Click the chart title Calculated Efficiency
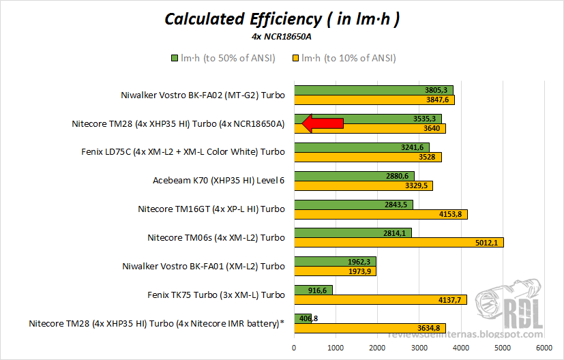[x=282, y=18]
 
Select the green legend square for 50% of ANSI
[x=175, y=58]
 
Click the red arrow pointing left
[x=322, y=123]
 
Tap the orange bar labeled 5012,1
[x=398, y=243]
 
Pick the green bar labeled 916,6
[x=313, y=290]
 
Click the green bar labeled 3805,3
[x=373, y=90]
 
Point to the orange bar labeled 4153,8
[x=381, y=214]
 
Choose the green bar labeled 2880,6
[x=354, y=176]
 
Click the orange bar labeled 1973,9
[x=335, y=272]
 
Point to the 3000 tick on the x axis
[x=419, y=347]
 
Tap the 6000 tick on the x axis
[x=544, y=347]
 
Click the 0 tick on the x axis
[x=294, y=347]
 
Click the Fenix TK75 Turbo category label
[x=216, y=295]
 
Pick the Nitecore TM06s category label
[x=216, y=238]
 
